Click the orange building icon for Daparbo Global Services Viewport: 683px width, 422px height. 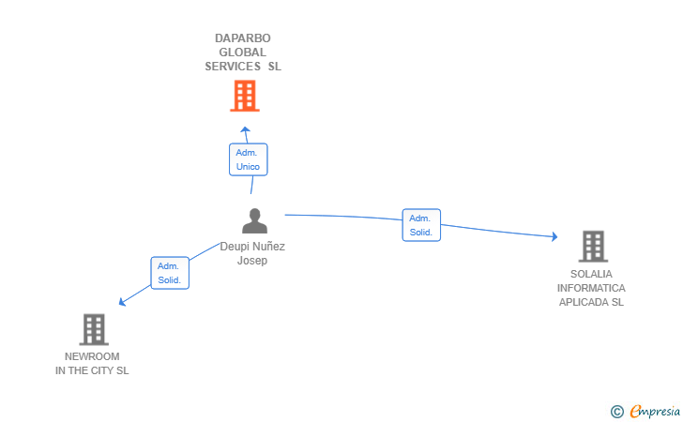tap(244, 96)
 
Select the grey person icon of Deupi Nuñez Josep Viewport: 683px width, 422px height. tap(254, 221)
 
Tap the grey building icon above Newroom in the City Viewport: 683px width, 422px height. tap(94, 329)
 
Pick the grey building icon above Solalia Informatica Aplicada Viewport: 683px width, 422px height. tap(592, 247)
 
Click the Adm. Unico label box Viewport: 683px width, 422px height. tap(249, 159)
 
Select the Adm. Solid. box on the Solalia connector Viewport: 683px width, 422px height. tap(420, 225)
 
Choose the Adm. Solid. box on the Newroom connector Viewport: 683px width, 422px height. tap(170, 273)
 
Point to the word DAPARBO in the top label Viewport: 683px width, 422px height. tap(242, 38)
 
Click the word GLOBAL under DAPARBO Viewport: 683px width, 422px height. tap(242, 53)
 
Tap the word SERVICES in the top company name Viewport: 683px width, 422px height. tap(234, 67)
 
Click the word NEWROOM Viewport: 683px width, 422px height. tap(92, 356)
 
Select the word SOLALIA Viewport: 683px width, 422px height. tap(591, 274)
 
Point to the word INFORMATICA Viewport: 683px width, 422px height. tap(591, 288)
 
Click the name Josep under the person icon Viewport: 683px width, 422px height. tap(252, 261)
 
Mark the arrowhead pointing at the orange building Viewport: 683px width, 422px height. tap(245, 129)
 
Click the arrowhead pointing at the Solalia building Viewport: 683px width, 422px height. tap(554, 236)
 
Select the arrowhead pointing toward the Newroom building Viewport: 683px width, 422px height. tap(121, 302)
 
